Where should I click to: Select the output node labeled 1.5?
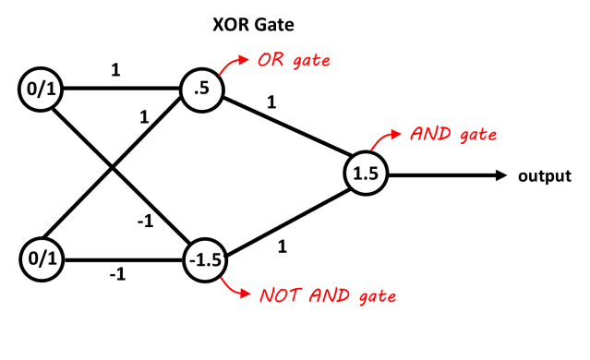[x=367, y=173]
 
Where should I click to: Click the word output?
[x=544, y=174]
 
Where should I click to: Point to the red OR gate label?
[x=294, y=62]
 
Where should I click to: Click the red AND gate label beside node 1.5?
[x=452, y=135]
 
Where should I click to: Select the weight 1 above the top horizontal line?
[x=115, y=70]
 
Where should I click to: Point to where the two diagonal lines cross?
[x=113, y=168]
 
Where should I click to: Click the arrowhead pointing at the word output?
[x=501, y=174]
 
